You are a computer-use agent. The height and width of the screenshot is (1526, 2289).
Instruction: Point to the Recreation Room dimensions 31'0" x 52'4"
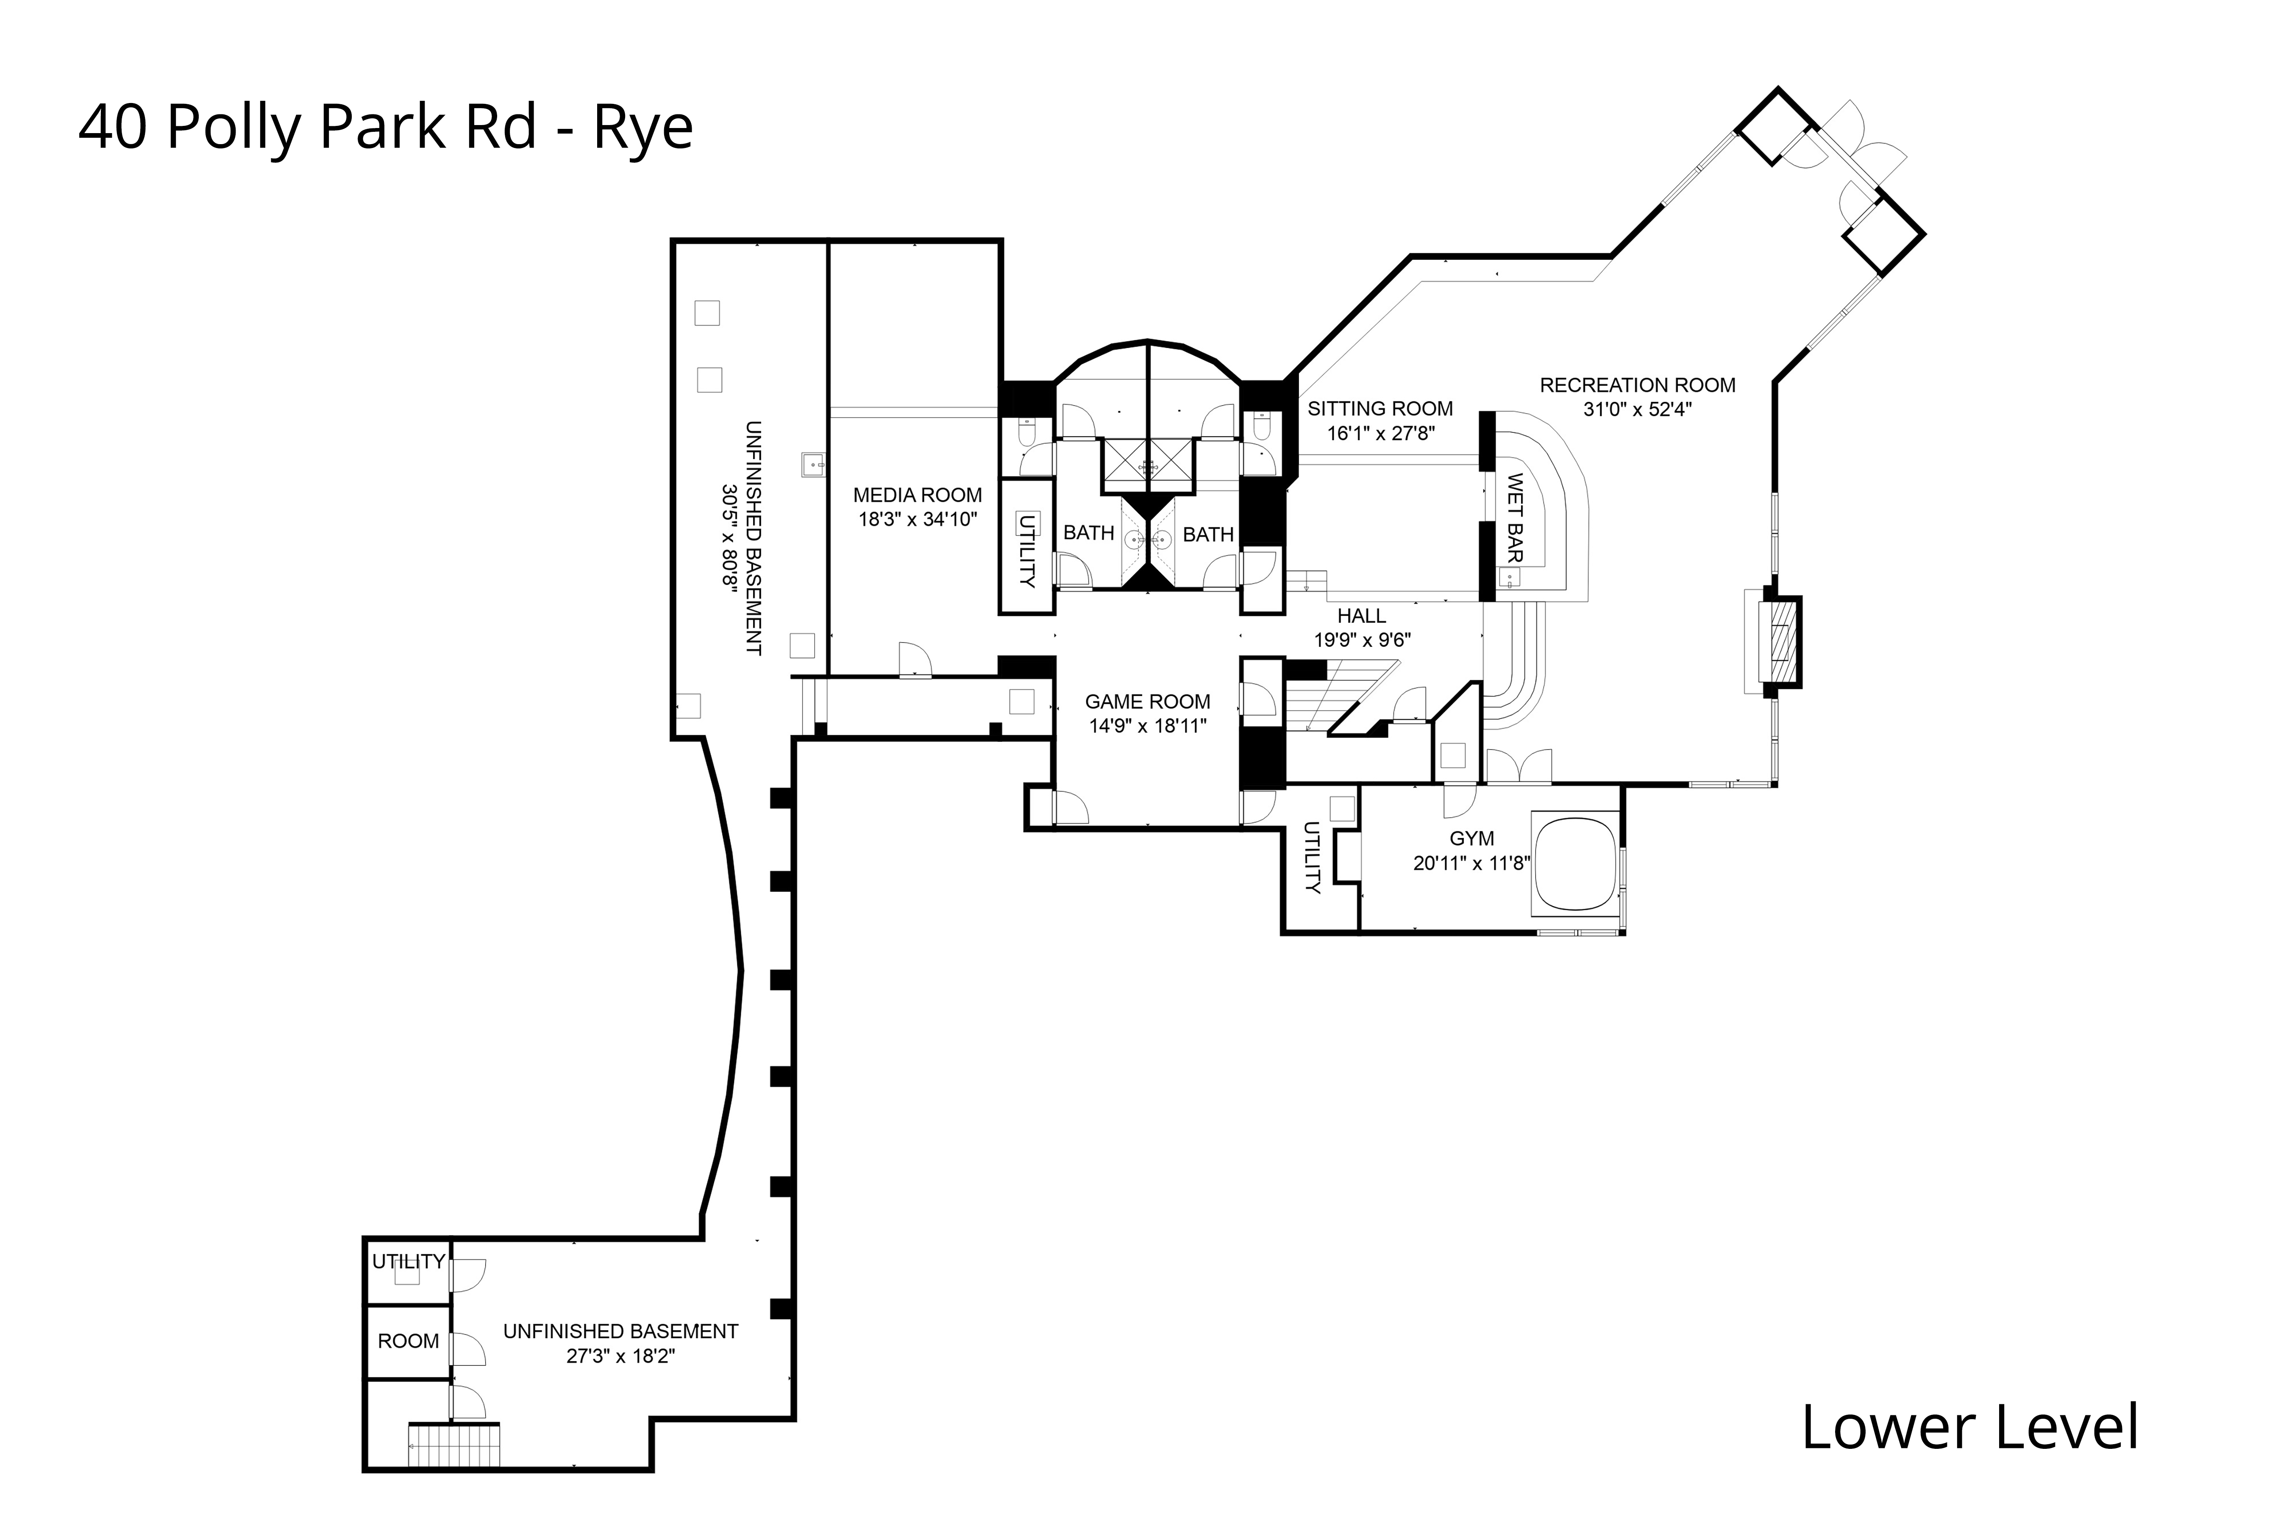pos(1637,410)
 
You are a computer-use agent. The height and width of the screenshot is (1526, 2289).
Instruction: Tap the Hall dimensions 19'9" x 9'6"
pos(1362,640)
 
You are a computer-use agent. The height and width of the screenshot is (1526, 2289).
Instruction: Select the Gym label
pos(1471,838)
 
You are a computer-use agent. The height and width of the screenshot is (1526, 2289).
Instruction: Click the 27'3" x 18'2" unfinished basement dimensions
pos(620,1356)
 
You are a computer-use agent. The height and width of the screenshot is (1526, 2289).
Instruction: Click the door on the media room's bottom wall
pos(915,662)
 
